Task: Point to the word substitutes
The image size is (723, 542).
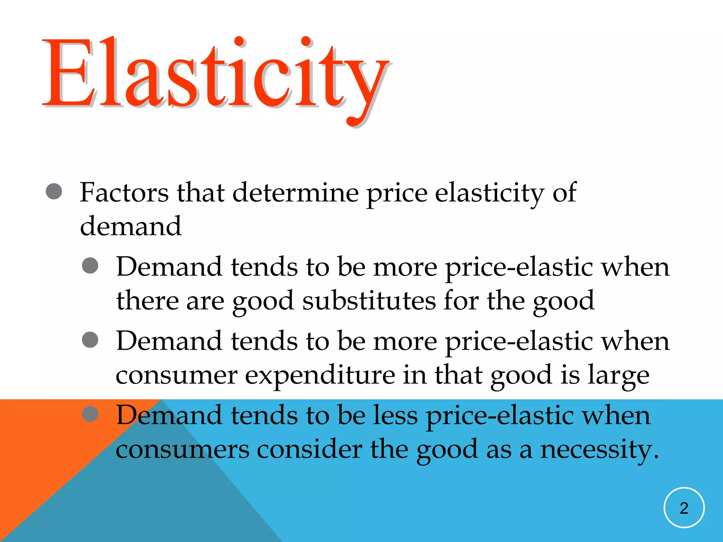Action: [369, 301]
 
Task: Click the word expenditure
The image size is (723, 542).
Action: [320, 375]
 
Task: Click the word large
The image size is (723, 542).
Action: [618, 375]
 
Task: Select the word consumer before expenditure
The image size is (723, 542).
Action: [177, 375]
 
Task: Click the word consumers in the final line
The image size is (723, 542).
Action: [183, 450]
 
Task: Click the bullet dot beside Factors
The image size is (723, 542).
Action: [54, 191]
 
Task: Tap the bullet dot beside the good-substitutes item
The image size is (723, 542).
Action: [90, 265]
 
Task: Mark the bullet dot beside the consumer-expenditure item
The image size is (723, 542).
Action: [90, 339]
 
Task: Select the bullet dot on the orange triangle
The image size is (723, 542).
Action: [90, 414]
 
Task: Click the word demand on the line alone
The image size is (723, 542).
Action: [131, 226]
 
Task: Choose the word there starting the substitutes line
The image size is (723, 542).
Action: [147, 301]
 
